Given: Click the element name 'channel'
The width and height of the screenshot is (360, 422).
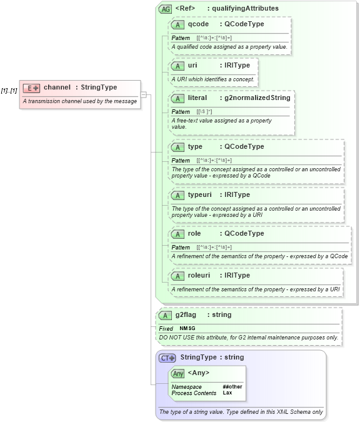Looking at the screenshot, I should [57, 87].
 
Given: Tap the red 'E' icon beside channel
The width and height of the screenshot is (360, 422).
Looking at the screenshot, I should [31, 88].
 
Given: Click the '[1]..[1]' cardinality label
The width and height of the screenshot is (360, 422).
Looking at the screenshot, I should [9, 91].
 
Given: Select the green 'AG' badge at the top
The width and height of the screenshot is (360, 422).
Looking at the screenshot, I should [165, 9].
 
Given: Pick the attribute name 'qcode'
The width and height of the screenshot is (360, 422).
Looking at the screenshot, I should [198, 24].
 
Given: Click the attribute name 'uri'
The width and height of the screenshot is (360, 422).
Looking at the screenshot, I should [192, 65].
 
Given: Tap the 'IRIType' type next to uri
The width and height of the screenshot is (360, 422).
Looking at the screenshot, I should [237, 65].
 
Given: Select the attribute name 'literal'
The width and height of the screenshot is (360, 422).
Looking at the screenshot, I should [197, 98].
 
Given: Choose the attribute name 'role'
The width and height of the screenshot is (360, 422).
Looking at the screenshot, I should [194, 233].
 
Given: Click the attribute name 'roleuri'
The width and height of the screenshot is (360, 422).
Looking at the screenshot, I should [200, 275].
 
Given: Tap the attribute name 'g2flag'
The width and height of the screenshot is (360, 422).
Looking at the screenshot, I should [186, 314].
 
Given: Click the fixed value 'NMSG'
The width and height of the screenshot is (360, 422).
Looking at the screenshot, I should [187, 328].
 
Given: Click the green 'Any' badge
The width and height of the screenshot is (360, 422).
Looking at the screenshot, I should [178, 373].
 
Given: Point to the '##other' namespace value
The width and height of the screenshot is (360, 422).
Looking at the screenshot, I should [232, 386].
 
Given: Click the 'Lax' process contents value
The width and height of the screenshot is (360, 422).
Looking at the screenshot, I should [227, 393].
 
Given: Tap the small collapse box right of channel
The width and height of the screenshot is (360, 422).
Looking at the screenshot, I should [144, 94].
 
